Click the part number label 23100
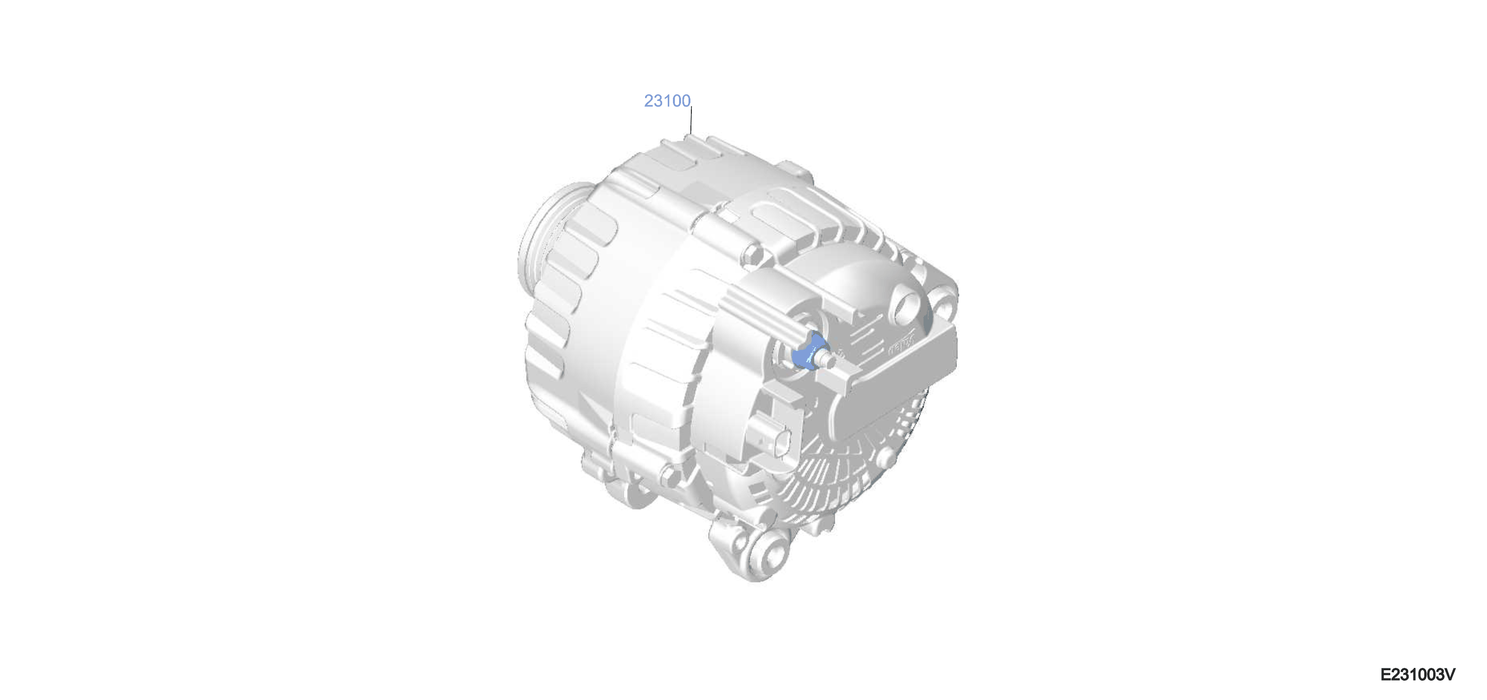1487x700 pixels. point(667,101)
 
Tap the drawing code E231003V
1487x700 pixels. point(1418,674)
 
